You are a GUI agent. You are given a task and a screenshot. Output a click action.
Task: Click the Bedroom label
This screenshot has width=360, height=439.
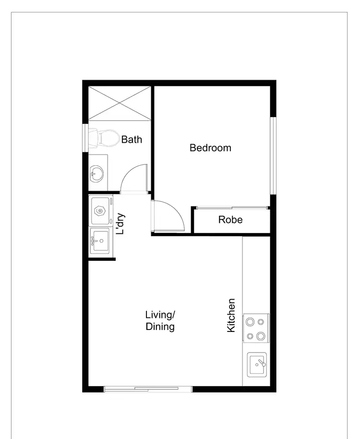click(x=210, y=148)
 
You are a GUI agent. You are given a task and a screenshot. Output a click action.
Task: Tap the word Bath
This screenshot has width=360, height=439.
click(x=132, y=140)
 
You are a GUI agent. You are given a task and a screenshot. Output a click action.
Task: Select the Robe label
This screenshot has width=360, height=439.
click(x=230, y=220)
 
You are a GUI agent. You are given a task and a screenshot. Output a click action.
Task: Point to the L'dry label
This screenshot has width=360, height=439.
click(x=121, y=224)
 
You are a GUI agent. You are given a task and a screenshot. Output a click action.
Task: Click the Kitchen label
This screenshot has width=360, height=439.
click(x=231, y=316)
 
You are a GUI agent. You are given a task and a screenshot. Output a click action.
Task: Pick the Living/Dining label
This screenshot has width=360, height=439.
click(x=160, y=321)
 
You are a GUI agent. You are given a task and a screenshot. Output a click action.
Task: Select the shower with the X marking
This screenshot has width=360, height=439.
click(x=120, y=102)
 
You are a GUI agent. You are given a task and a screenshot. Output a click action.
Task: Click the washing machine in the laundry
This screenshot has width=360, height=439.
click(x=101, y=211)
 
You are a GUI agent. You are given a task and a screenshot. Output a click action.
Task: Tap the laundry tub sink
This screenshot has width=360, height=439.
click(x=100, y=240)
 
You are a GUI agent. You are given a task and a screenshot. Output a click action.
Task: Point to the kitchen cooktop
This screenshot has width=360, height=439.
click(x=256, y=329)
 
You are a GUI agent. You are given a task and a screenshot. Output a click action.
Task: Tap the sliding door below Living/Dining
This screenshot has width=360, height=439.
click(x=148, y=389)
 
